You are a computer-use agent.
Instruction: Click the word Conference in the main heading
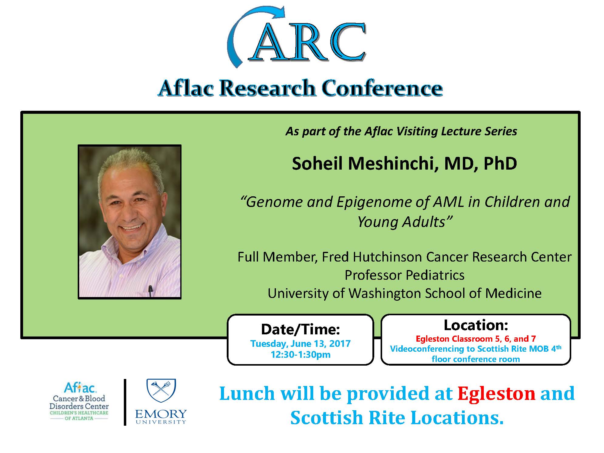pos(382,88)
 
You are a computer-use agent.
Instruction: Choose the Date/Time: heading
pos(300,330)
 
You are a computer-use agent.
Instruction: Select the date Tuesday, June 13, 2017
pos(300,344)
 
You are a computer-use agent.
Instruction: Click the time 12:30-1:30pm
pos(300,355)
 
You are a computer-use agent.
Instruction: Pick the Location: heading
pos(476,325)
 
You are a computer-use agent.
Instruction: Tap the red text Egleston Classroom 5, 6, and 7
pos(476,339)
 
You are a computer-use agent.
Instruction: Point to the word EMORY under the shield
pos(161,414)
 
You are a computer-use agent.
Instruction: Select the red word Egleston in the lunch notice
pos(496,394)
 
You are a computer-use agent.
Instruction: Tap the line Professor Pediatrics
pos(405,275)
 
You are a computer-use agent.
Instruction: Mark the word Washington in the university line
pos(385,293)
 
